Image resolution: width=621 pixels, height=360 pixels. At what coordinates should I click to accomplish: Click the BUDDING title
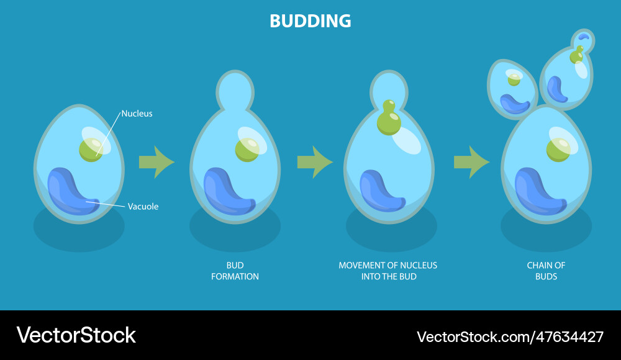[x=310, y=21]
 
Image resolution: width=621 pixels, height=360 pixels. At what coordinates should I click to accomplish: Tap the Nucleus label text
[x=137, y=114]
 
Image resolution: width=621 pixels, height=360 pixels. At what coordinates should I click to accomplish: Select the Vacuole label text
[x=143, y=207]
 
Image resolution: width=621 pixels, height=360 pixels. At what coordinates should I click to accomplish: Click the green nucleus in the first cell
[x=91, y=150]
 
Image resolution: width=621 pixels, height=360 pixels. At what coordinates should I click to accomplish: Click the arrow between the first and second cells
[x=155, y=162]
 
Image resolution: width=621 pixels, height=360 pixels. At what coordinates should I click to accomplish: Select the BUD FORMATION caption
[x=235, y=271]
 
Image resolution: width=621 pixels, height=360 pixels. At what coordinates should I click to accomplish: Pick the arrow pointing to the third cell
[x=314, y=162]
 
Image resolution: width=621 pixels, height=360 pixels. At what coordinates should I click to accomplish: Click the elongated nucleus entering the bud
[x=389, y=119]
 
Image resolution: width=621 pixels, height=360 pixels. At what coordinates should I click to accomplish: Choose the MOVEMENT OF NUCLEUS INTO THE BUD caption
[x=388, y=271]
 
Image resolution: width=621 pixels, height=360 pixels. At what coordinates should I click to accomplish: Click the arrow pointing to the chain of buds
[x=471, y=162]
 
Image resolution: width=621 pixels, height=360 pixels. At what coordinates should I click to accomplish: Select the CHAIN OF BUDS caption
[x=546, y=271]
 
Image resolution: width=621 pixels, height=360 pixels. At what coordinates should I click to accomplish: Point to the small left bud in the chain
[x=513, y=88]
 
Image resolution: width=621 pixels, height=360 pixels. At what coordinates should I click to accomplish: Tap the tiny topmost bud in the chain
[x=583, y=40]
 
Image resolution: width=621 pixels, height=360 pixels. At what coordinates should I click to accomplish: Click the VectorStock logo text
[x=76, y=336]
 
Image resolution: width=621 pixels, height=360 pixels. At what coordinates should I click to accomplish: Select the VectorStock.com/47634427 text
[x=510, y=337]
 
